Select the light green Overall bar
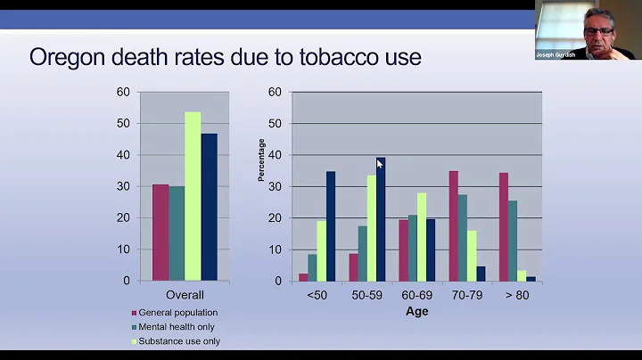pyautogui.click(x=193, y=196)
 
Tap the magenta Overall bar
pyautogui.click(x=160, y=232)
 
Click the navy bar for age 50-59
pyautogui.click(x=380, y=219)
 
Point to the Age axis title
pyautogui.click(x=416, y=311)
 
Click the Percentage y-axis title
pyautogui.click(x=262, y=160)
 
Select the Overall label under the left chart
pyautogui.click(x=185, y=295)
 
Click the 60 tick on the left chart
pyautogui.click(x=123, y=92)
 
